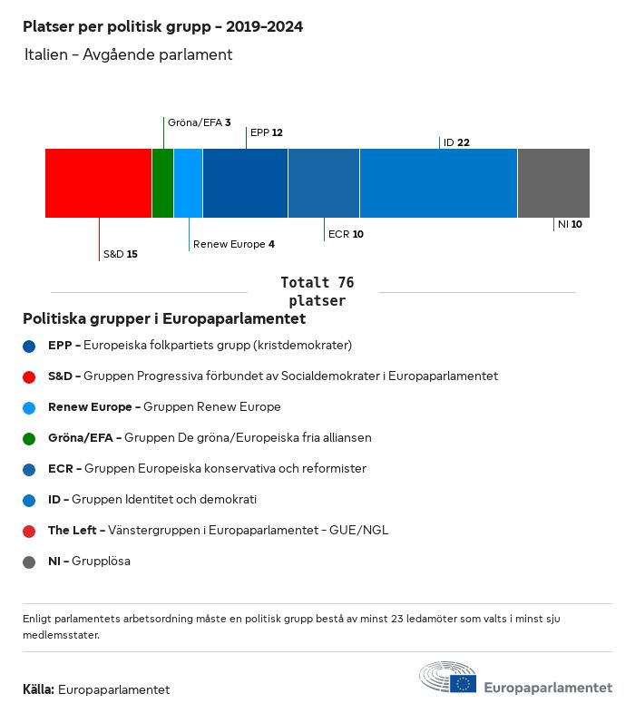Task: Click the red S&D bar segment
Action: (98, 182)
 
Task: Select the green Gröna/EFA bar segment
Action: (162, 182)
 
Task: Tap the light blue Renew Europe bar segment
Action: (188, 182)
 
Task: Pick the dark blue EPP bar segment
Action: (245, 182)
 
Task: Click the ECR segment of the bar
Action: (324, 182)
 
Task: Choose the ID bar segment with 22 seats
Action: (438, 182)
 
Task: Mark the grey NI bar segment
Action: (553, 182)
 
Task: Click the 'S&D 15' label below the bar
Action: (120, 254)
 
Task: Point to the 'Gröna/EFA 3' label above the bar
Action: (199, 122)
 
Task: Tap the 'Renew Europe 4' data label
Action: (233, 244)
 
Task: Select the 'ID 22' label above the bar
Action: (456, 142)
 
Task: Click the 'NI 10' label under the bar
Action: (570, 224)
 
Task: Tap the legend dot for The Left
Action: (30, 531)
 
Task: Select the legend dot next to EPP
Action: (30, 346)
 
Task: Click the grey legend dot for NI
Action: (30, 562)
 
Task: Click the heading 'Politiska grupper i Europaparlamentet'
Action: (164, 319)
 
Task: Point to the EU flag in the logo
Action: (464, 683)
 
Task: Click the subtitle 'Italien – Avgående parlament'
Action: (129, 54)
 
